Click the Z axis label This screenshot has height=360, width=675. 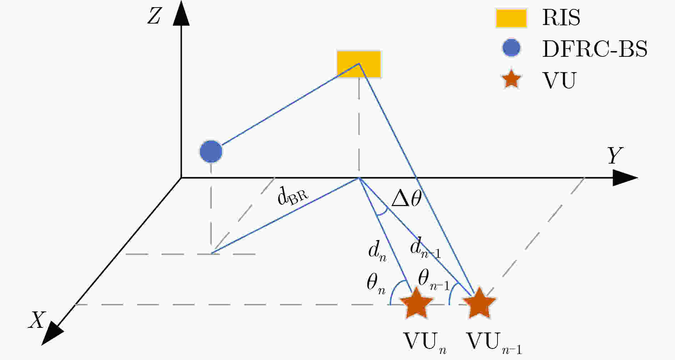[x=154, y=16]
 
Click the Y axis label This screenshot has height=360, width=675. [x=615, y=156]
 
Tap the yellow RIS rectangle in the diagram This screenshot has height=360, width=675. [x=359, y=64]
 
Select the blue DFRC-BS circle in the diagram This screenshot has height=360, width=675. [x=211, y=151]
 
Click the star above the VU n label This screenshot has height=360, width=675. [x=417, y=304]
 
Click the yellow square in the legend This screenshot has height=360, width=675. [x=511, y=18]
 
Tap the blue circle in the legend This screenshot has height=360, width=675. [x=511, y=48]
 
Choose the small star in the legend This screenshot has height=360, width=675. [x=512, y=79]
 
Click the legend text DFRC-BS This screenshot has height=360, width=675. [x=595, y=49]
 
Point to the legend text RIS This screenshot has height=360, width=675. [x=561, y=17]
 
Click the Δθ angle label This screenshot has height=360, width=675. [x=406, y=198]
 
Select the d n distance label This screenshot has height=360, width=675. [x=377, y=251]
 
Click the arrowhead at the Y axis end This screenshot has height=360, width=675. [x=625, y=177]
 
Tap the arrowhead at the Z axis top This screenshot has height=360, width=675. [x=181, y=14]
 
